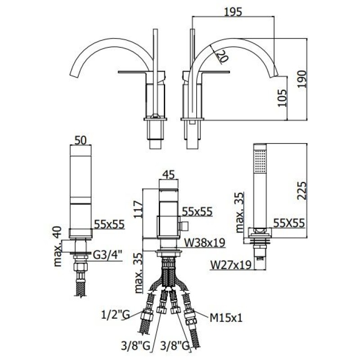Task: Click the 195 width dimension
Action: (233, 12)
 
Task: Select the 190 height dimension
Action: (302, 79)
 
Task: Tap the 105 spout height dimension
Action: (282, 98)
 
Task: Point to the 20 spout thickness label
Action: (222, 56)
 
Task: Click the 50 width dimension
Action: (81, 140)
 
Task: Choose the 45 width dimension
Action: (168, 175)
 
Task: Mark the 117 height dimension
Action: (138, 209)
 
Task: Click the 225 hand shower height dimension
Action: (302, 191)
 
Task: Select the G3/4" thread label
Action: (108, 255)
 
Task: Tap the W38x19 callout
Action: (205, 243)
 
